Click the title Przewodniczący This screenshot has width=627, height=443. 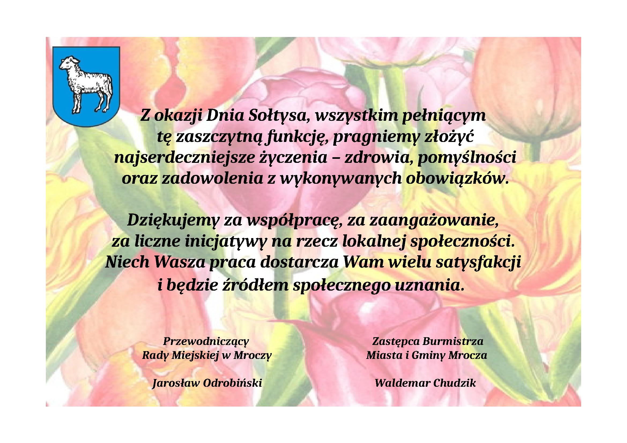[x=206, y=341]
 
